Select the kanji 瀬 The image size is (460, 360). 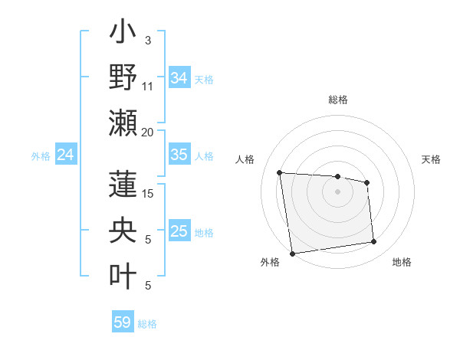coord(123,123)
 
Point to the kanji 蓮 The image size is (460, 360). coord(123,185)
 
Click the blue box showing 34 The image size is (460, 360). coord(179,77)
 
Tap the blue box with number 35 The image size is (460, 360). coord(179,155)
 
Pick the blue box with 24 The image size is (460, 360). coord(65,155)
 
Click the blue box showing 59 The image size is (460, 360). coord(123,322)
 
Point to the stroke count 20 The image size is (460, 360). coord(148,133)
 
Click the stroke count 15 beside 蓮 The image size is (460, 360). coord(148,194)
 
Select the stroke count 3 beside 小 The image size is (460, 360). coord(148,41)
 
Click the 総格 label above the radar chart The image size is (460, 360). coord(338,100)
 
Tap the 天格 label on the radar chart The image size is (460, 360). coord(431,159)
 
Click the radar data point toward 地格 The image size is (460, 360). coord(374,242)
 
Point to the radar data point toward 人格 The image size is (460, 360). coord(280,172)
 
